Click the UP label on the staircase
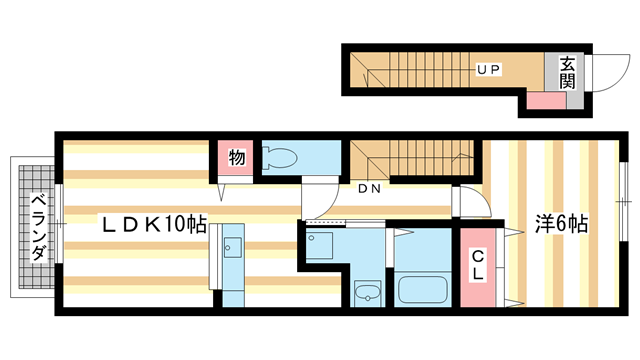pos(488,69)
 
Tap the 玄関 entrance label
pos(567,73)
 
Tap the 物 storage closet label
pos(236,158)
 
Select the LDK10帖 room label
pos(151,225)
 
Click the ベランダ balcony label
pos(37,226)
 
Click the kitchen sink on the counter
pos(234,244)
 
